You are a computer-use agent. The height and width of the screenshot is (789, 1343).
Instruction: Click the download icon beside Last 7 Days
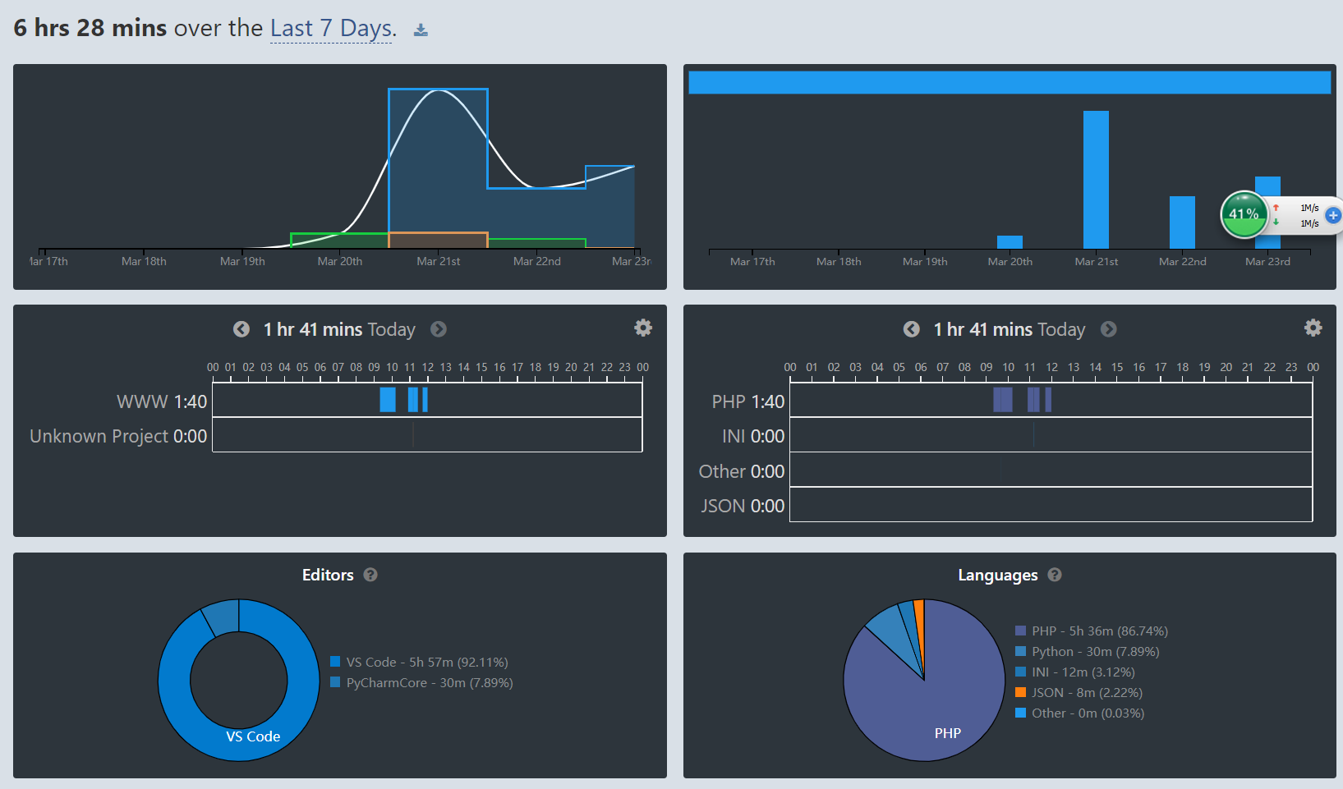(421, 30)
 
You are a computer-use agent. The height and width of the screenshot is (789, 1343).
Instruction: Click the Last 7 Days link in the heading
(331, 28)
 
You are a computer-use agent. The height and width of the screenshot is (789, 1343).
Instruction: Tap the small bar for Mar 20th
(1010, 242)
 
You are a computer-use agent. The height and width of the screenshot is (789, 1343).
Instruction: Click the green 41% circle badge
(1244, 214)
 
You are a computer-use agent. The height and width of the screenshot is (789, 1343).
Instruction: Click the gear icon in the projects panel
(643, 328)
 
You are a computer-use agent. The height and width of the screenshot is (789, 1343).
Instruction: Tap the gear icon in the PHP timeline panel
(1313, 328)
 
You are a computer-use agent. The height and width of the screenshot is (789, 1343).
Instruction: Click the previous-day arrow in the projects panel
(241, 329)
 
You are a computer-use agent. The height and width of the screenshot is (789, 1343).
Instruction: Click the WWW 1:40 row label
(162, 401)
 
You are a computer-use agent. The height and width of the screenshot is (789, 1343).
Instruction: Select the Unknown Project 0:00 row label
(118, 436)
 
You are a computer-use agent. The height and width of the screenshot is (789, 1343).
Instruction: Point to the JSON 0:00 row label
(743, 506)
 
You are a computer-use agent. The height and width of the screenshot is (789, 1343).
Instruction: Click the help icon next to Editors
(370, 575)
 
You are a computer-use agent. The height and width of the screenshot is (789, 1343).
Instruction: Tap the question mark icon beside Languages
(1055, 575)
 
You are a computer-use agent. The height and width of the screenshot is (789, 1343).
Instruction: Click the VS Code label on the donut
(253, 736)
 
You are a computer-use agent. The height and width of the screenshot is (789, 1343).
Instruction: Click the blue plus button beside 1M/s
(1333, 215)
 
